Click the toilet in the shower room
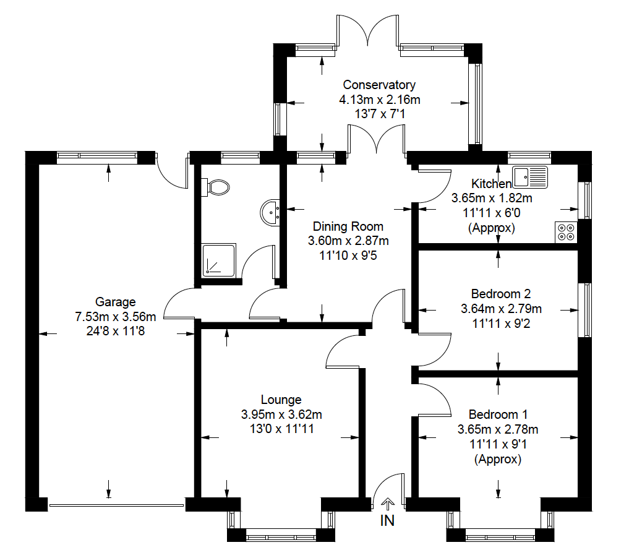216,186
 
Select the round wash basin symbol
272,212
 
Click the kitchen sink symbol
531,177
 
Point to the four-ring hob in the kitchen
566,231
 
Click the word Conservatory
379,85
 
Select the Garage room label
115,302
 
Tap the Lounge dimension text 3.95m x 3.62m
281,414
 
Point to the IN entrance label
387,521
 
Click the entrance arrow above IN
388,504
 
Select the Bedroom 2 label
500,294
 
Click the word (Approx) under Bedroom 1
498,460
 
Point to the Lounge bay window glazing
281,531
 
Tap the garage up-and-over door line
116,505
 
